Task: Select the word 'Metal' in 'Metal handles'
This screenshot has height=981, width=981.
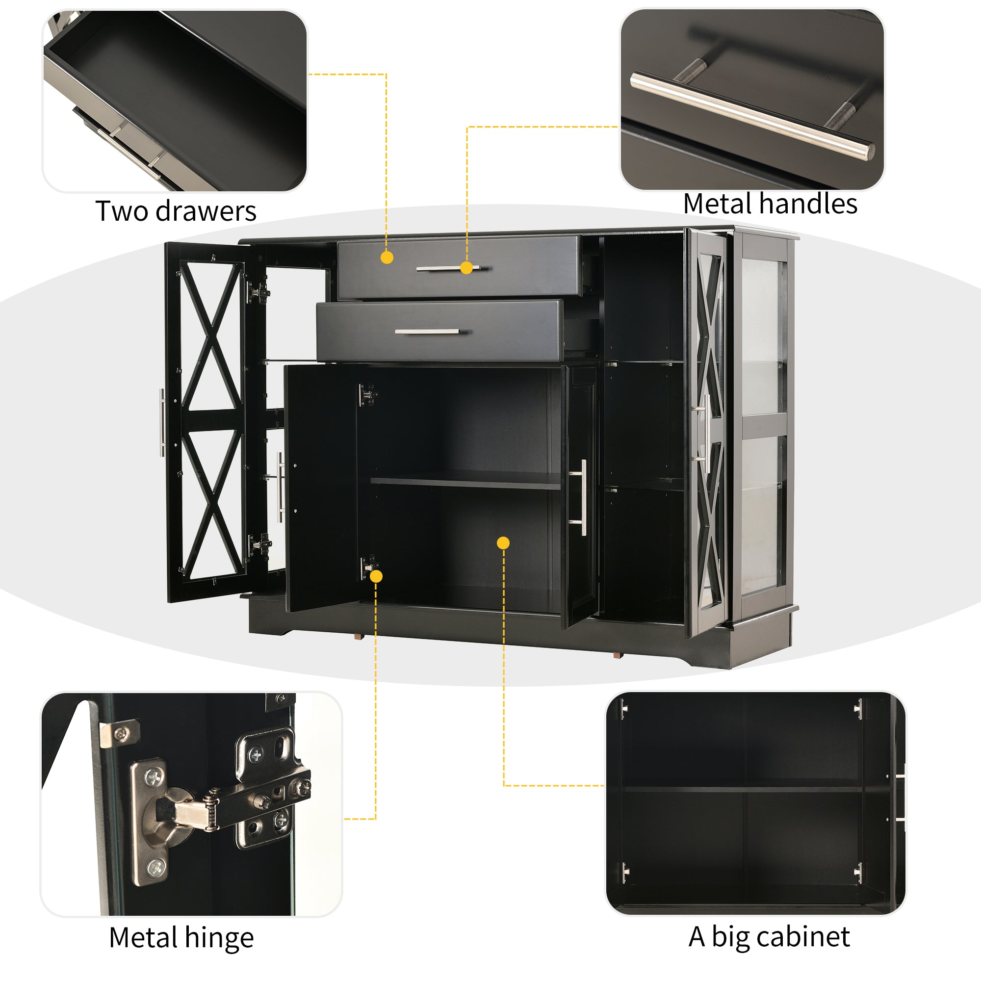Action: [718, 204]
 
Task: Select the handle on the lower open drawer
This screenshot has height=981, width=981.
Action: [427, 332]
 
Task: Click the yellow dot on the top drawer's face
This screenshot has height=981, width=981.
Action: [387, 258]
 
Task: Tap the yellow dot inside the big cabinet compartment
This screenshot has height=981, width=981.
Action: [503, 543]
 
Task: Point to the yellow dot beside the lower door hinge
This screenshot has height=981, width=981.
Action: [376, 576]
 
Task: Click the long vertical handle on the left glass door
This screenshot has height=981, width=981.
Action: [162, 422]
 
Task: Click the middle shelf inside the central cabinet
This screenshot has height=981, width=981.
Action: [465, 482]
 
